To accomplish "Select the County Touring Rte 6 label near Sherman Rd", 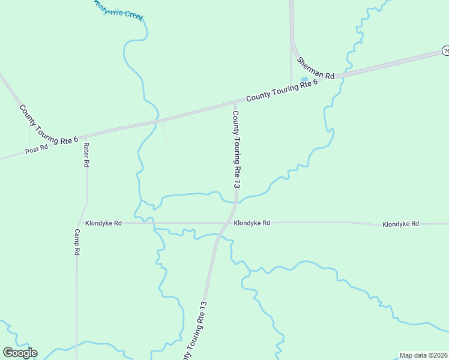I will pos(282,92).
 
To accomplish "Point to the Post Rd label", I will pos(37,149).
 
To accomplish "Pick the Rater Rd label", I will pos(86,155).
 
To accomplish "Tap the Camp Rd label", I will pos(77,242).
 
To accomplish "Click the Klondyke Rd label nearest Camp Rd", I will pos(103,223).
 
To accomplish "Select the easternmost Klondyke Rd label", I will pos(400,224).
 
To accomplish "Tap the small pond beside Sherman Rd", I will pos(304,79).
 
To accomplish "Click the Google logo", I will pos(20,353).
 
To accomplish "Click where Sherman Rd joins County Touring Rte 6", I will pos(336,77).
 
